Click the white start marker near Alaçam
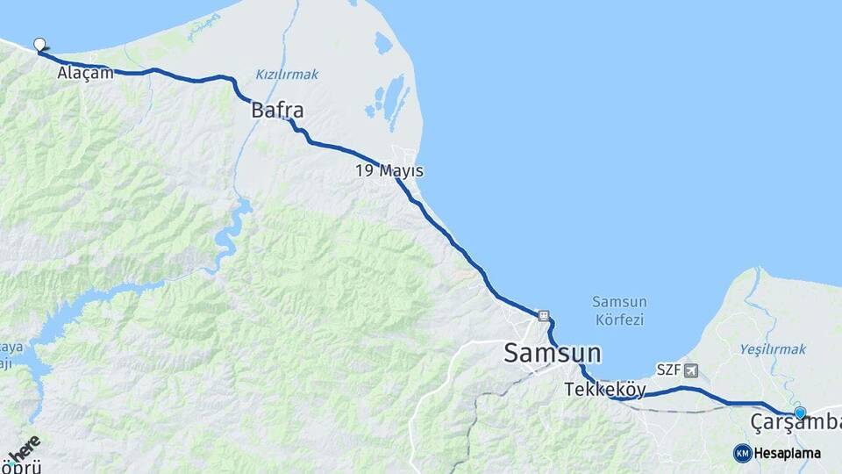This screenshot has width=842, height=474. tap(39, 44)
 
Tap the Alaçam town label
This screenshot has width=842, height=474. tap(85, 73)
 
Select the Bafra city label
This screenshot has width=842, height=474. tap(277, 111)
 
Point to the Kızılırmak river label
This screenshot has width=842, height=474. tap(287, 75)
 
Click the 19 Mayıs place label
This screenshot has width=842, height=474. tap(389, 170)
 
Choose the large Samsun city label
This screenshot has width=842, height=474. tap(553, 354)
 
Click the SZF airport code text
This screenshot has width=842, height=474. tap(669, 370)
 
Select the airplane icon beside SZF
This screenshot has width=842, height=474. tap(692, 370)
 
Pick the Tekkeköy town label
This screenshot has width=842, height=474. tap(605, 389)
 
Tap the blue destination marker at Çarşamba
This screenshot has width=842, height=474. tap(800, 412)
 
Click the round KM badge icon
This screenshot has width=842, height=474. tap(742, 453)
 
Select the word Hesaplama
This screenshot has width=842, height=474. tap(788, 453)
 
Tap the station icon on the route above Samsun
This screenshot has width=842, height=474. tap(544, 315)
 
